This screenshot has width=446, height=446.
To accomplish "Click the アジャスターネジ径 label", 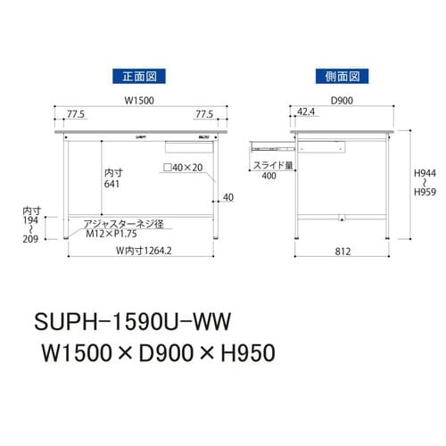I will click(x=113, y=223).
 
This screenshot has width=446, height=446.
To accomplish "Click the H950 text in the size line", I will click(x=242, y=352).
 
